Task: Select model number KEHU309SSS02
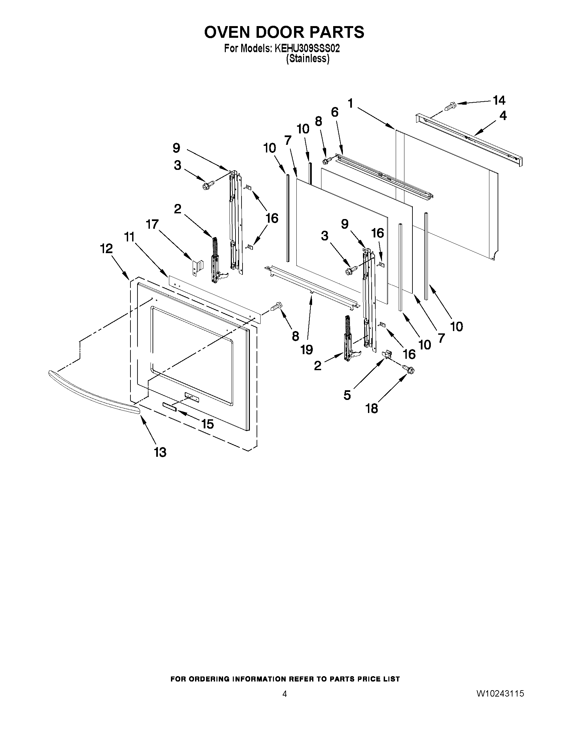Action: [x=307, y=48]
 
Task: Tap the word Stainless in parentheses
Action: [x=307, y=59]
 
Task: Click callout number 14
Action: [x=499, y=100]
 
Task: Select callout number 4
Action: [x=502, y=116]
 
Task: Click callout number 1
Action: [x=351, y=103]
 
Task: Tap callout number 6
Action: [x=335, y=112]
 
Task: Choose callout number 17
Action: [x=152, y=224]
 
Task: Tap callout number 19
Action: [x=307, y=349]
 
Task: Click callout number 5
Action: [x=347, y=395]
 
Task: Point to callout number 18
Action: [x=372, y=408]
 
